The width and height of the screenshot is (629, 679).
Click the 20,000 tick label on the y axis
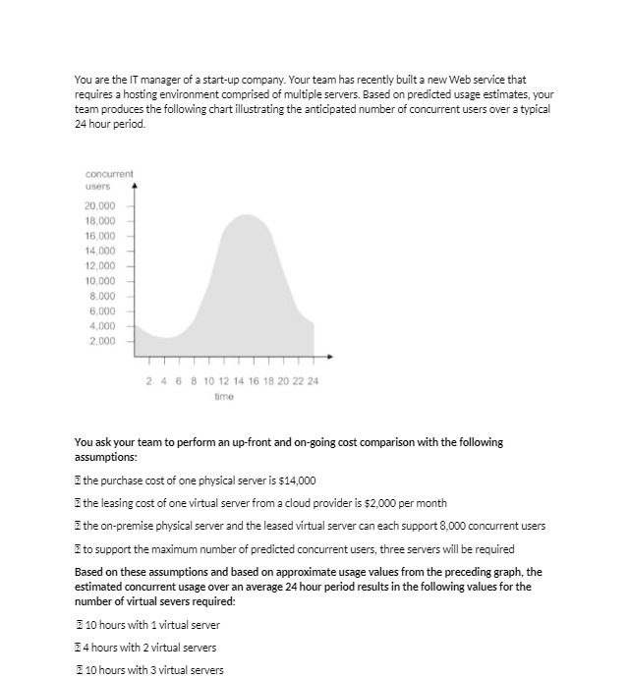pos(100,205)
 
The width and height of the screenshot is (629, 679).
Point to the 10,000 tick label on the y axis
pos(100,280)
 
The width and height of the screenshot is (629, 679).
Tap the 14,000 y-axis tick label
pos(100,251)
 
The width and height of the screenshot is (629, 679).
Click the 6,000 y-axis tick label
pos(103,311)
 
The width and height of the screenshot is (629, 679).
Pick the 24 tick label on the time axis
pos(314,380)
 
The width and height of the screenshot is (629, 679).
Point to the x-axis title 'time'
pos(224,396)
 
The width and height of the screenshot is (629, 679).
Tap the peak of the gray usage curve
pos(247,215)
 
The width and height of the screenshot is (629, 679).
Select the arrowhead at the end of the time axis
pos(330,356)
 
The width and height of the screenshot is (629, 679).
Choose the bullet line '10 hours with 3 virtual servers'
pos(152,670)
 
